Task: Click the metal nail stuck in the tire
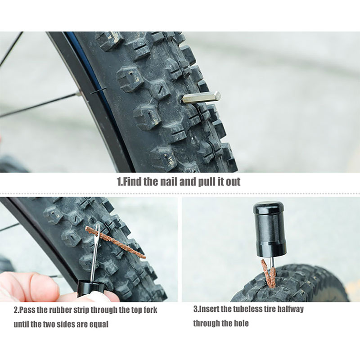click(x=201, y=97)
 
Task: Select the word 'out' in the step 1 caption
click(x=233, y=182)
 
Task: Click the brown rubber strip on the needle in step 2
click(x=116, y=242)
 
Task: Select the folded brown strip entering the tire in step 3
click(x=268, y=273)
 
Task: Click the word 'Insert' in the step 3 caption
click(x=208, y=309)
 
